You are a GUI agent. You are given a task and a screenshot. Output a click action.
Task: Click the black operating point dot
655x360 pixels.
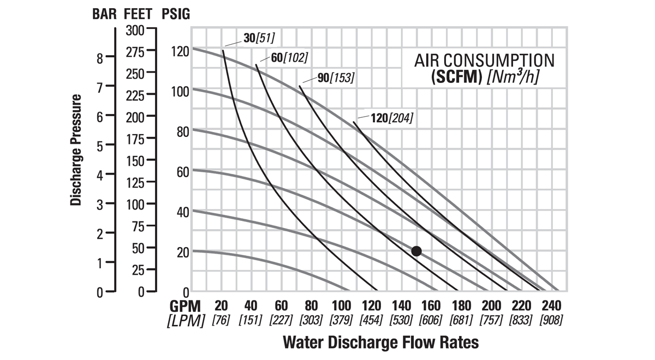416,251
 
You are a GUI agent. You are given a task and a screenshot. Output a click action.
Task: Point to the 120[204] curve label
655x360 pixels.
392,117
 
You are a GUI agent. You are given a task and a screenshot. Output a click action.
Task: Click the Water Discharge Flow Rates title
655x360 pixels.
380,343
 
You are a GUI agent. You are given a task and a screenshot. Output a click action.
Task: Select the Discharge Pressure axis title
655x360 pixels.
76,150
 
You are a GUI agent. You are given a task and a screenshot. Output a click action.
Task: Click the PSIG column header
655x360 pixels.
176,15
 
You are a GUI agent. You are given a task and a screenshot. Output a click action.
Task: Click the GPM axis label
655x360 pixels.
184,305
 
